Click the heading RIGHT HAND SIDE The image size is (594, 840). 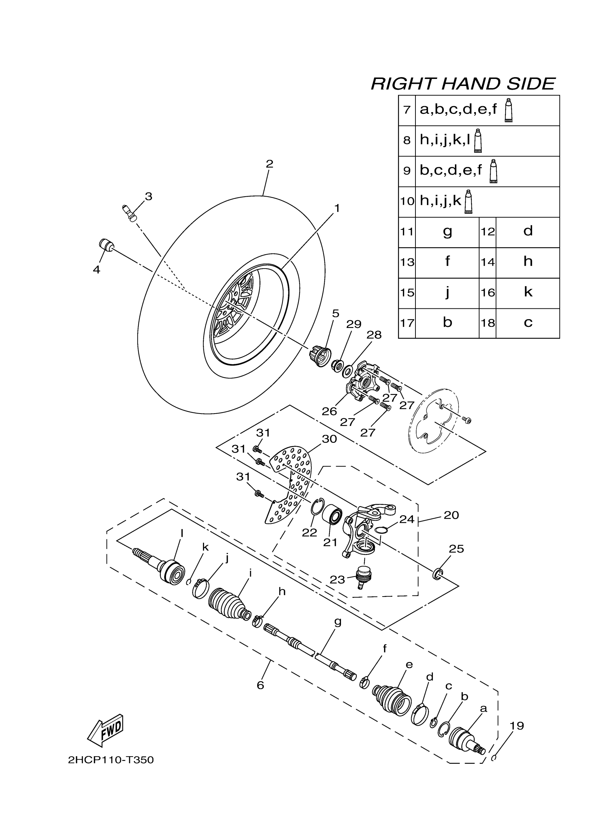click(463, 84)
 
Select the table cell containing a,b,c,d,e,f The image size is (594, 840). click(487, 110)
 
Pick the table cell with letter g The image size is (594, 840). click(447, 232)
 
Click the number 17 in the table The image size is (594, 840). click(407, 323)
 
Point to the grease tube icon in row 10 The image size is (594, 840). click(468, 202)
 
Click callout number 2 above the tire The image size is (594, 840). click(269, 164)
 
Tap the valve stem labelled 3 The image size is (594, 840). click(129, 213)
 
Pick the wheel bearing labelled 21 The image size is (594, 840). click(333, 514)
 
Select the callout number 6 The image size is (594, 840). click(260, 685)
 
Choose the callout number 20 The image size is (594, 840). click(451, 515)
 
